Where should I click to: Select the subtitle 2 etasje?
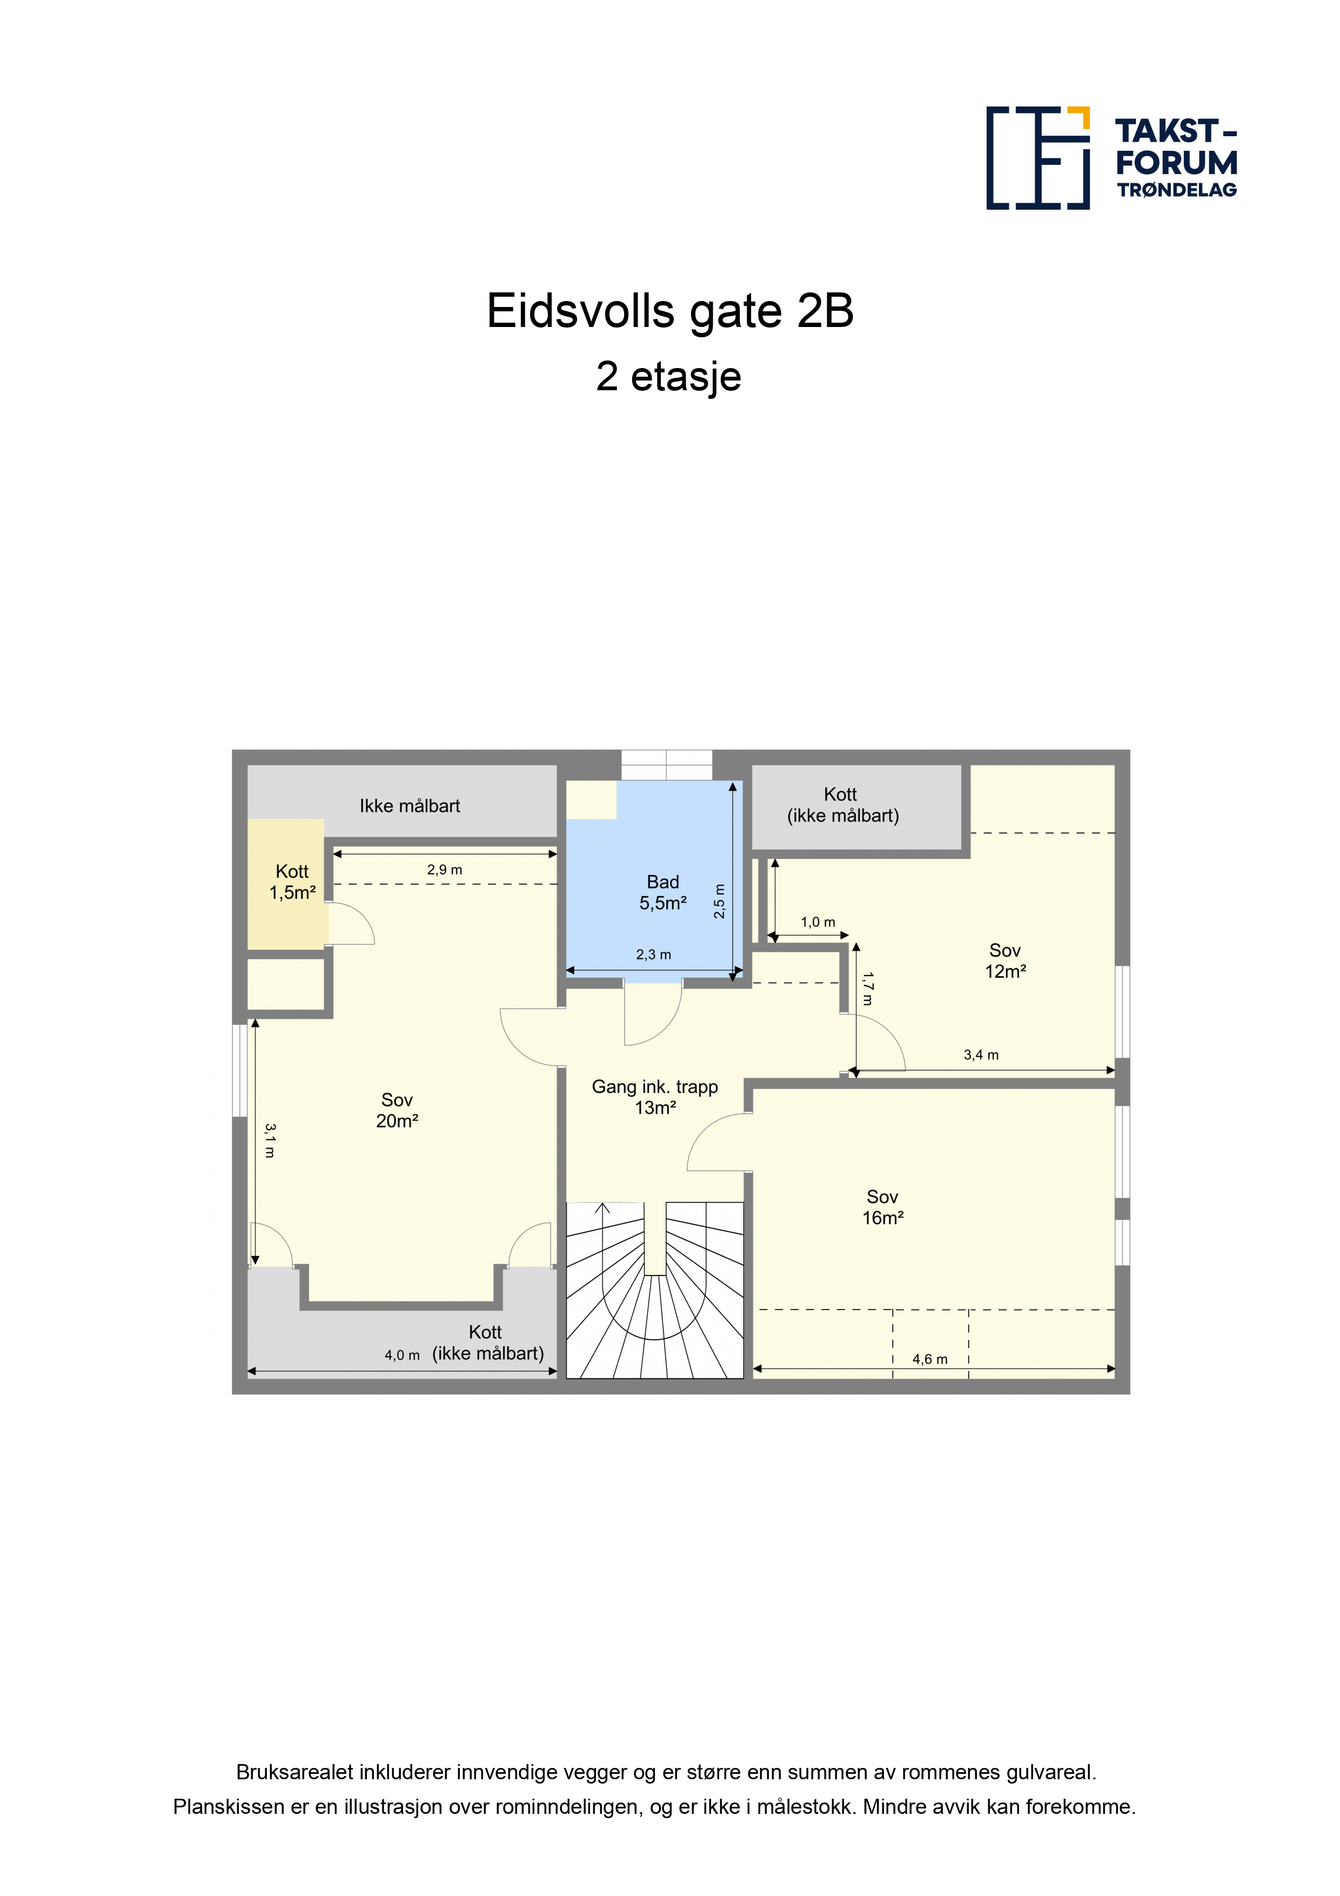tap(669, 377)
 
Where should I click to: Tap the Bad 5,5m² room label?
tap(663, 893)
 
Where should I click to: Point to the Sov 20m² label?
tap(397, 1111)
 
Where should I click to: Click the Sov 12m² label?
tap(1006, 961)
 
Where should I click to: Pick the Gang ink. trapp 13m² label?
tap(655, 1098)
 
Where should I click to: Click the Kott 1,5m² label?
tap(292, 882)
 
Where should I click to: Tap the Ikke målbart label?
tap(410, 806)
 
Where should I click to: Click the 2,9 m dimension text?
tap(444, 870)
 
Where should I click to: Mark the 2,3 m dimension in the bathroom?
tap(653, 954)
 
